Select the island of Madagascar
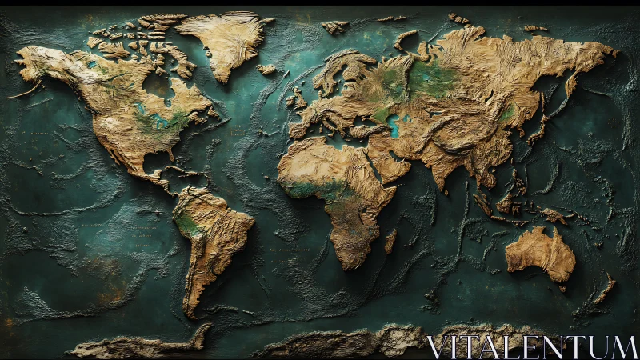point(390,240)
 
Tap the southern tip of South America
point(190,312)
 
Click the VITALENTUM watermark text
point(531,346)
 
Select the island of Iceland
point(266,70)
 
